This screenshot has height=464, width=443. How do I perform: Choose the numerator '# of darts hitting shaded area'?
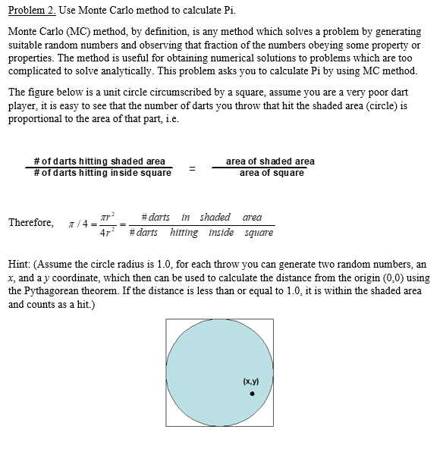pyautogui.click(x=99, y=161)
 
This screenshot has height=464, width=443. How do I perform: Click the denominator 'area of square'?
pyautogui.click(x=272, y=173)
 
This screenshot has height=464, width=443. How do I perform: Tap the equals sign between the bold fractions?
pyautogui.click(x=192, y=168)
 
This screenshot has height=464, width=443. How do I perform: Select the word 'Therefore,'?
pyautogui.click(x=31, y=223)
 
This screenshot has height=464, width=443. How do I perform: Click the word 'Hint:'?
pyautogui.click(x=20, y=265)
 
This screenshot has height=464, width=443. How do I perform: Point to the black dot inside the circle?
pyautogui.click(x=253, y=393)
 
